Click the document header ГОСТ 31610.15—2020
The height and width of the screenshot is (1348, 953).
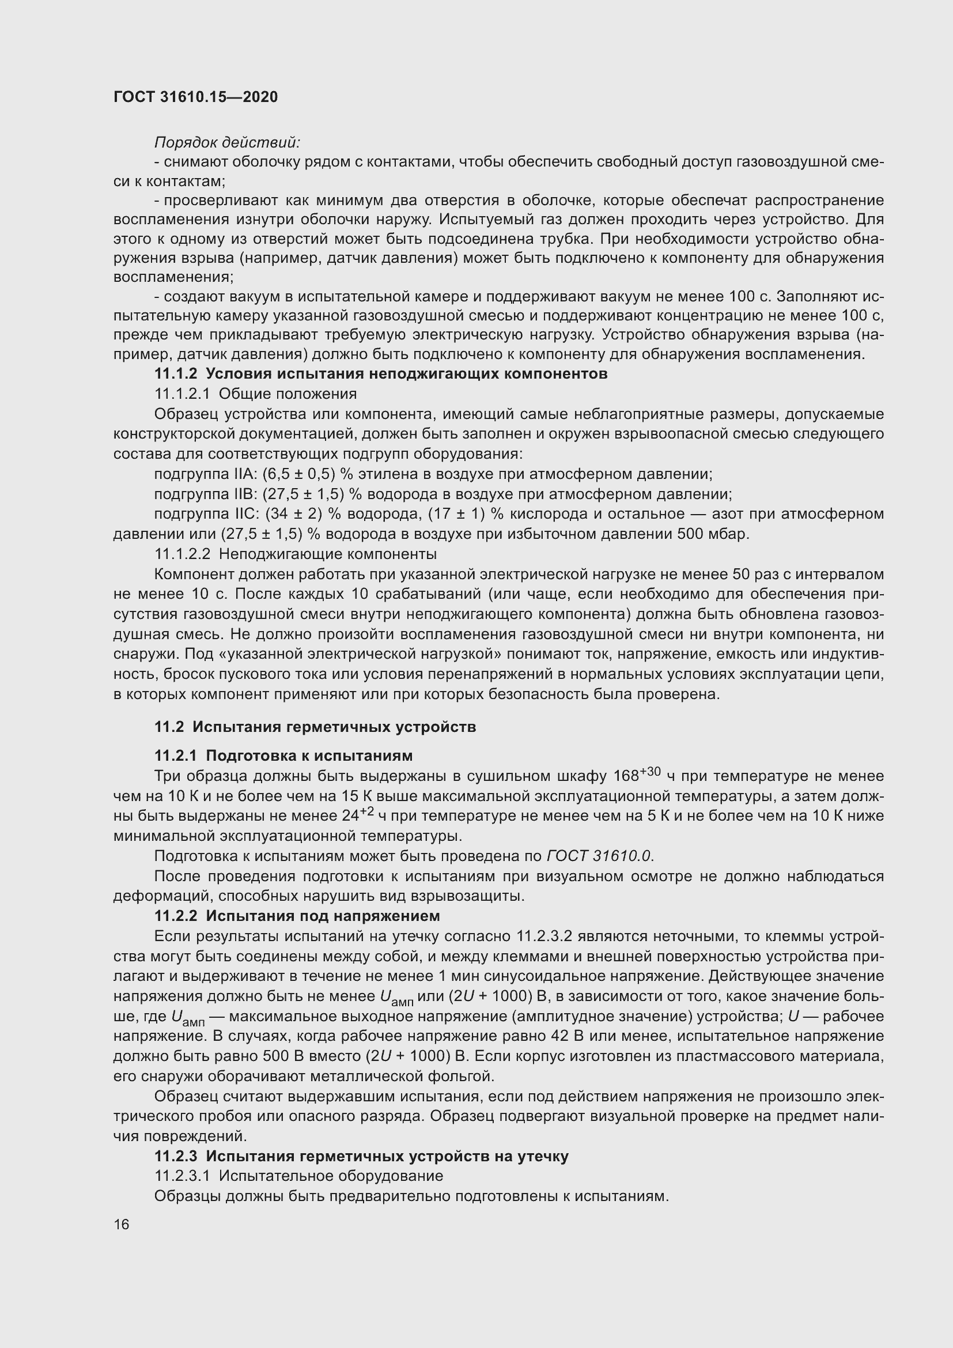point(195,97)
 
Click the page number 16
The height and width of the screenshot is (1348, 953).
point(122,1224)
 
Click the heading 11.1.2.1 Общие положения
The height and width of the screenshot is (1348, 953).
point(255,394)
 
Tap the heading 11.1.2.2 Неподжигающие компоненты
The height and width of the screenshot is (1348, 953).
point(295,554)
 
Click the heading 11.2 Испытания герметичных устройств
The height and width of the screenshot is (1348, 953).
point(315,727)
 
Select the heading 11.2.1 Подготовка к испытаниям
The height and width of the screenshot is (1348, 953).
point(283,755)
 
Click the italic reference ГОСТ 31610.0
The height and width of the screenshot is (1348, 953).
point(600,856)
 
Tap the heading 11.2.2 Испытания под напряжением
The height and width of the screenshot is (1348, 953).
point(297,916)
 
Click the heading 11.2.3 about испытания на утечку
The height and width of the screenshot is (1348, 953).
point(361,1156)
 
